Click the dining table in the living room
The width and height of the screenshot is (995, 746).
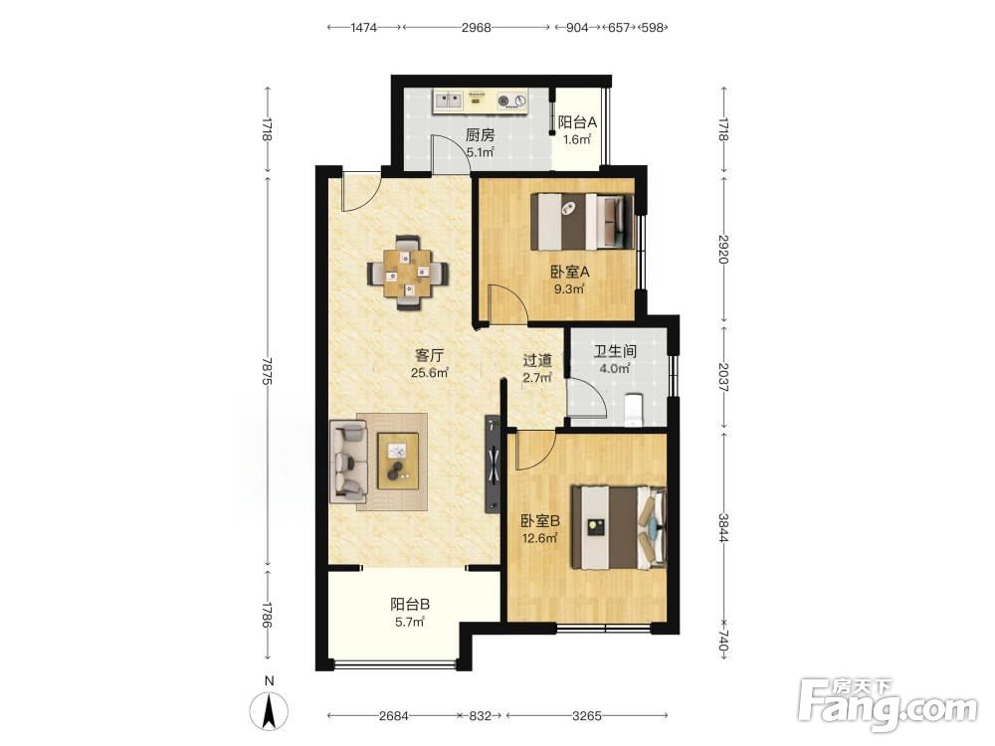(408, 274)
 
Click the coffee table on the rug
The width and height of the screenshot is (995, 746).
(398, 461)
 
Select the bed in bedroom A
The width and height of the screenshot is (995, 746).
(582, 222)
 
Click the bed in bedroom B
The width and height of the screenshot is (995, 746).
(619, 527)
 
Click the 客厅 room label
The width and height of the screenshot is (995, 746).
(429, 355)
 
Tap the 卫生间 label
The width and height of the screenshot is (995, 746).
(614, 351)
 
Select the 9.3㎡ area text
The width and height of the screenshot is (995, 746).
(568, 289)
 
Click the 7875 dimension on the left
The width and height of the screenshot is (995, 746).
(267, 372)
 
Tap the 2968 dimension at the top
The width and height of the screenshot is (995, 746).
(476, 27)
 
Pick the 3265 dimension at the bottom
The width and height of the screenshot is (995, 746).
(586, 716)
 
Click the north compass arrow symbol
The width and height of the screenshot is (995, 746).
(270, 711)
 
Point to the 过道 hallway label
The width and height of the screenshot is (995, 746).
(537, 360)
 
